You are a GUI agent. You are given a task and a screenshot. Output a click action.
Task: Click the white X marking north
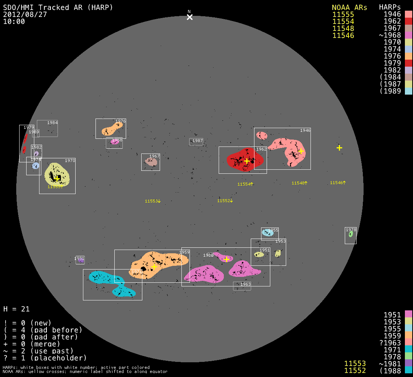click(190, 17)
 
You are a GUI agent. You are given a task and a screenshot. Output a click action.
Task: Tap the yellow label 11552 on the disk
click(224, 201)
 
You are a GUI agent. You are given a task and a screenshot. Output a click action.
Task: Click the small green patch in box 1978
click(351, 233)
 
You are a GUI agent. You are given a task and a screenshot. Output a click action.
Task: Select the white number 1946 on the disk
click(305, 130)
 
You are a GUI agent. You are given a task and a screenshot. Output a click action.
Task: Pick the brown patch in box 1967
click(150, 161)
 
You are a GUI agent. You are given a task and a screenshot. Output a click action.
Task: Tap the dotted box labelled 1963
click(242, 286)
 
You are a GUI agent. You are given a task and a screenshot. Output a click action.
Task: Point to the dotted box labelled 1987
click(196, 142)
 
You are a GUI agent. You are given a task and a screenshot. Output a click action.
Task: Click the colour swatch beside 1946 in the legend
click(408, 14)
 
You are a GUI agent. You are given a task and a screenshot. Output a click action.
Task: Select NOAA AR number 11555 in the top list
click(343, 14)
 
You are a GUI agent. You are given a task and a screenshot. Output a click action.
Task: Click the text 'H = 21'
click(16, 309)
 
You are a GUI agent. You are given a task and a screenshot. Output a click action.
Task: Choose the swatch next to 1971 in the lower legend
click(408, 349)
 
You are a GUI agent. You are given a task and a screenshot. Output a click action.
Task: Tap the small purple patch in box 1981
click(81, 261)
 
